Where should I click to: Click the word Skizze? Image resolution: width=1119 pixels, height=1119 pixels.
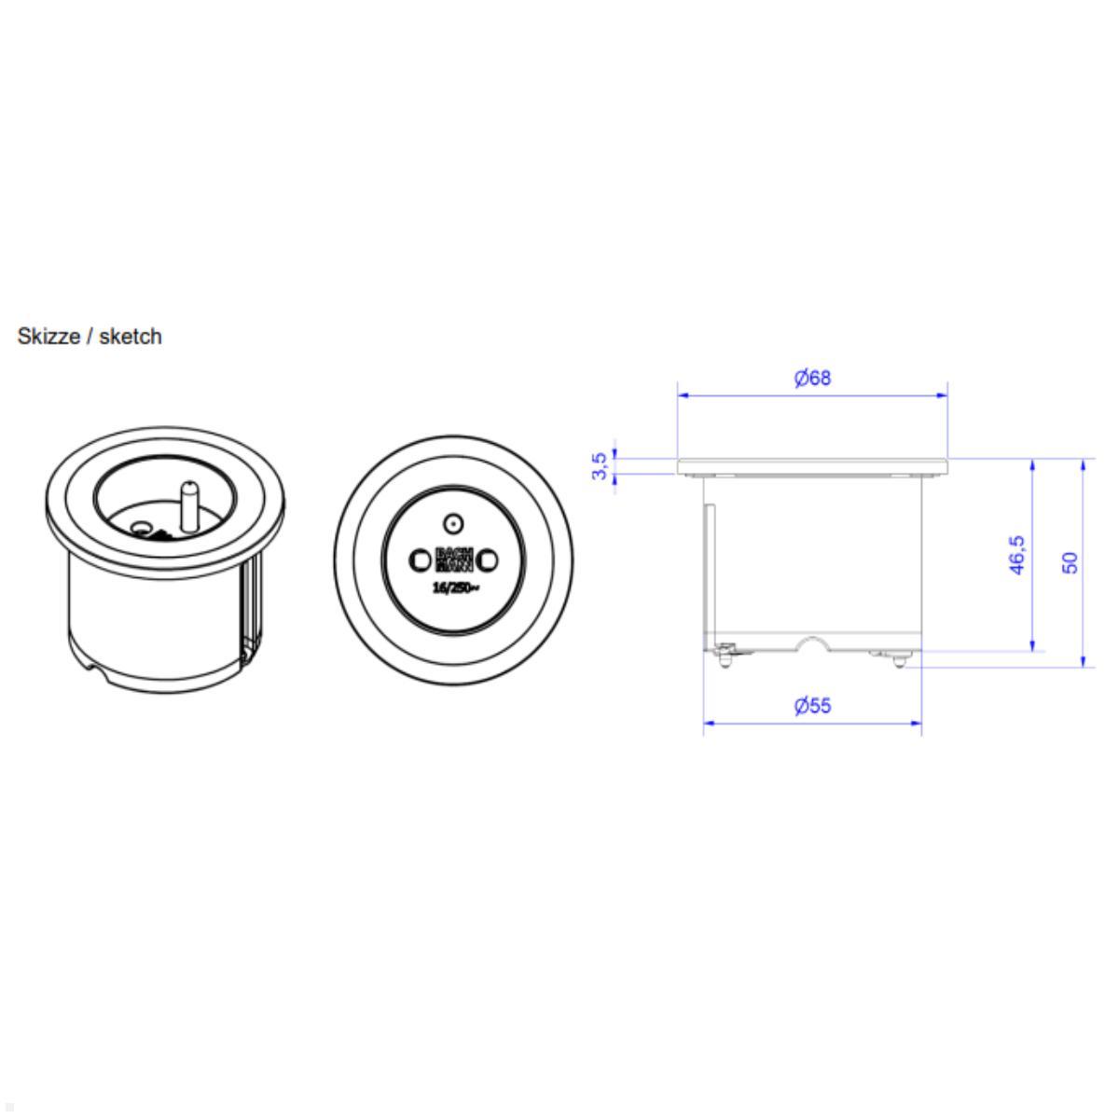pyautogui.click(x=48, y=337)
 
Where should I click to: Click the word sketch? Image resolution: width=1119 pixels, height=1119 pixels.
pyautogui.click(x=130, y=337)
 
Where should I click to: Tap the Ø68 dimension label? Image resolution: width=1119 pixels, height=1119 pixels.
pyautogui.click(x=812, y=378)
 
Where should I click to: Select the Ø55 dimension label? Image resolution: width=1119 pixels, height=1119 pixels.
pyautogui.click(x=812, y=705)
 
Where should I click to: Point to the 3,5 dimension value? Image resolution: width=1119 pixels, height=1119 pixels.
pyautogui.click(x=601, y=465)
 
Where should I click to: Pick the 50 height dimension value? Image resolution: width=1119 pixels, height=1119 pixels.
pyautogui.click(x=1071, y=562)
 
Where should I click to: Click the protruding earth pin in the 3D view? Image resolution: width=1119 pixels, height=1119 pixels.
pyautogui.click(x=189, y=504)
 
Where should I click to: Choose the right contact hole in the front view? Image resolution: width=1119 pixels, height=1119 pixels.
pyautogui.click(x=488, y=559)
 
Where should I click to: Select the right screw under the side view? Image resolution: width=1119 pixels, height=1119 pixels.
pyautogui.click(x=897, y=660)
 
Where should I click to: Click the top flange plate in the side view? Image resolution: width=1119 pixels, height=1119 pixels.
pyautogui.click(x=812, y=463)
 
